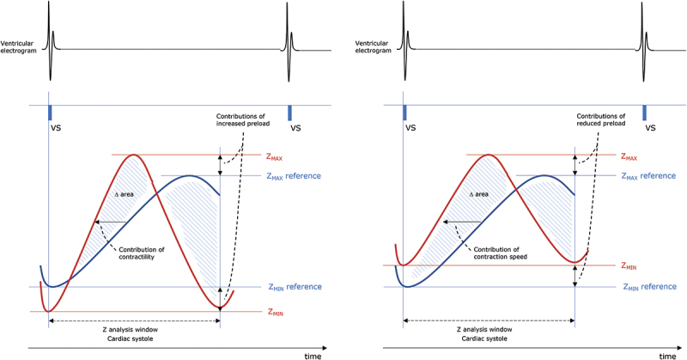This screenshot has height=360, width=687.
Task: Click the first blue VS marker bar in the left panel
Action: point(49,112)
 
